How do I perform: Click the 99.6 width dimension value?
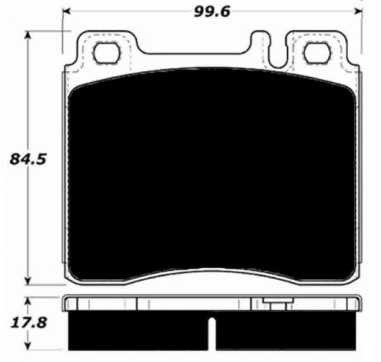[x=212, y=11]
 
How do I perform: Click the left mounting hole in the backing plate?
[x=108, y=53]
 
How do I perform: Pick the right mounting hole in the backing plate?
[x=314, y=53]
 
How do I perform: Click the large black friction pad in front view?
[x=212, y=175]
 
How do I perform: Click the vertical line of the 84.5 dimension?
[x=27, y=224]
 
